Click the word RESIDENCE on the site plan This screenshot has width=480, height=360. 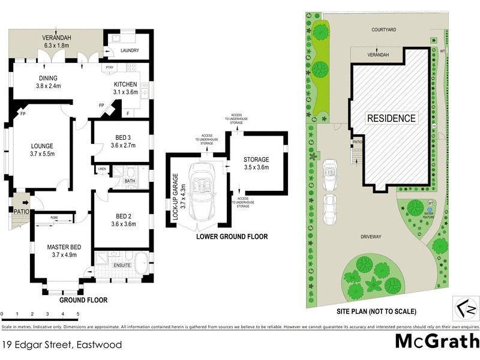click(391, 118)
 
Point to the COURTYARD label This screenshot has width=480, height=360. click(385, 29)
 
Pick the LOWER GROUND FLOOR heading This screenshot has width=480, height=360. click(232, 237)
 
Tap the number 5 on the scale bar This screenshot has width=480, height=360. click(78, 314)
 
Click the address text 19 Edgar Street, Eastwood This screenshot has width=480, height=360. click(61, 345)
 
